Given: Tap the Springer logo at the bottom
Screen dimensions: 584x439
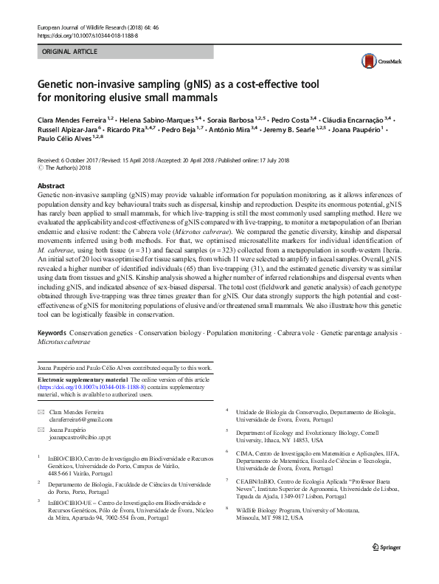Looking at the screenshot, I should (387, 567).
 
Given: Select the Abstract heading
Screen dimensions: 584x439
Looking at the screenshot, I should (51, 185).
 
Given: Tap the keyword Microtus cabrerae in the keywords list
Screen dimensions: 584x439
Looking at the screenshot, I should (64, 343).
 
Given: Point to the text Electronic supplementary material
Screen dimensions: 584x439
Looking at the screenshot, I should (86, 379).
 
